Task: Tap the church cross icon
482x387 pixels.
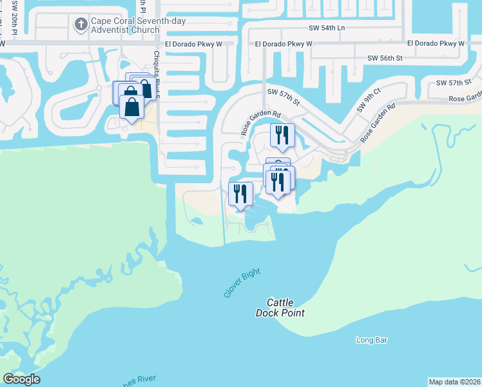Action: pos(81,25)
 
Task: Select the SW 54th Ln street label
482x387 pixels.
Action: pos(327,28)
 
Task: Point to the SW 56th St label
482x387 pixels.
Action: pos(385,58)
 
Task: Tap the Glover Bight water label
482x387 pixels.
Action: pos(242,283)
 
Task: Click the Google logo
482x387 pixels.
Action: pos(21,379)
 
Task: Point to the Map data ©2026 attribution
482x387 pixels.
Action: pos(454,381)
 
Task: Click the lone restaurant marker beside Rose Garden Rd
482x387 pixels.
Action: pos(282,135)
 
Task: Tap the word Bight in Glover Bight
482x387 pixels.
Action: pos(251,274)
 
